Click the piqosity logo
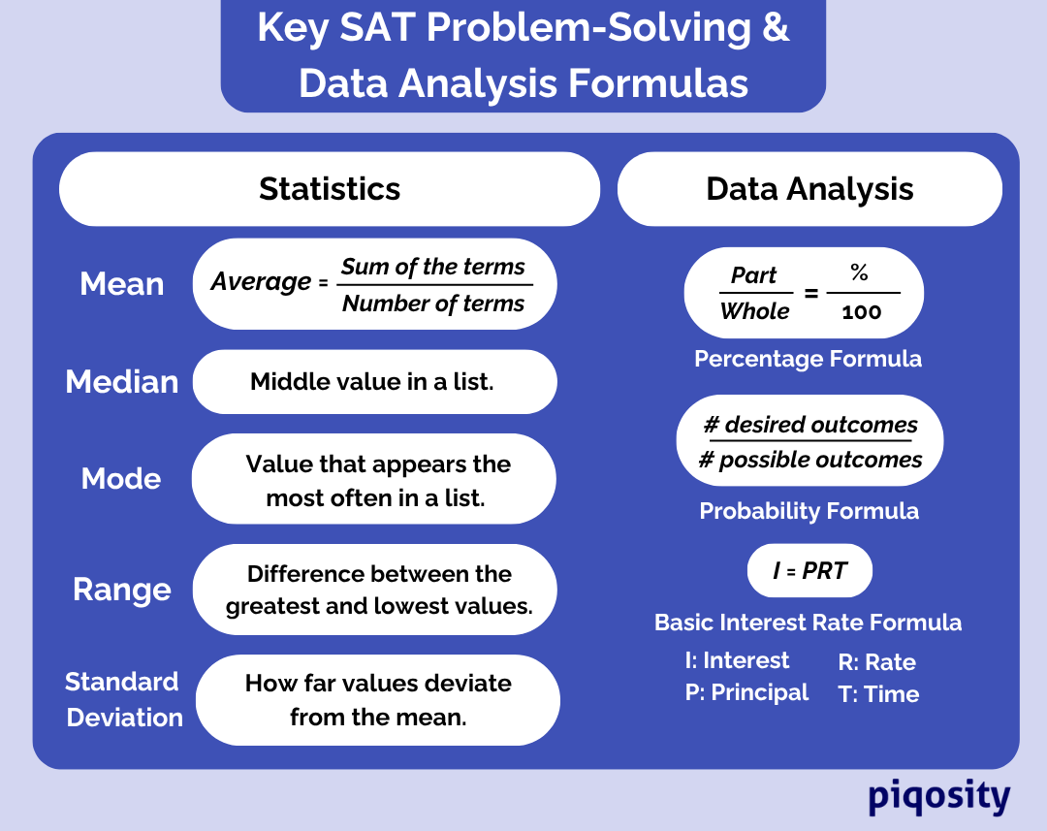point(938,797)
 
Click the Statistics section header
point(330,189)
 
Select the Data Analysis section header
point(809,189)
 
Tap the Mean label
point(122,284)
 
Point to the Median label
point(122,382)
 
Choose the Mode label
point(121,478)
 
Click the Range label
point(122,590)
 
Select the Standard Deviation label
point(123,699)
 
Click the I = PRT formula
point(809,571)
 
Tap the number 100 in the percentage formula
point(861,312)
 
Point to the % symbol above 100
point(859,273)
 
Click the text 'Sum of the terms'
point(433,267)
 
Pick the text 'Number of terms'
point(433,304)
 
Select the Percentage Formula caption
point(808,359)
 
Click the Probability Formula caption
point(809,511)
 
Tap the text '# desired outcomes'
point(809,425)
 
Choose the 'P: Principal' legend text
point(746,692)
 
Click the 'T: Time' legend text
point(878,694)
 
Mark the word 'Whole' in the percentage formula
point(754,311)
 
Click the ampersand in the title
point(776,28)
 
